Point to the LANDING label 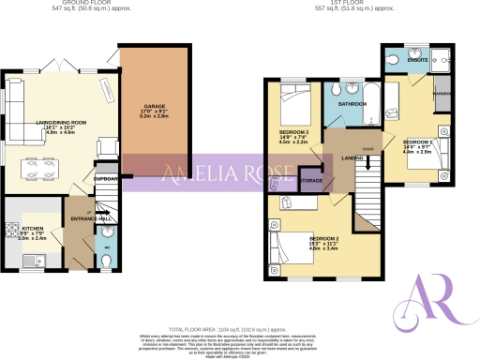pyautogui.click(x=352, y=158)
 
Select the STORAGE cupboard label pyautogui.click(x=311, y=179)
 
